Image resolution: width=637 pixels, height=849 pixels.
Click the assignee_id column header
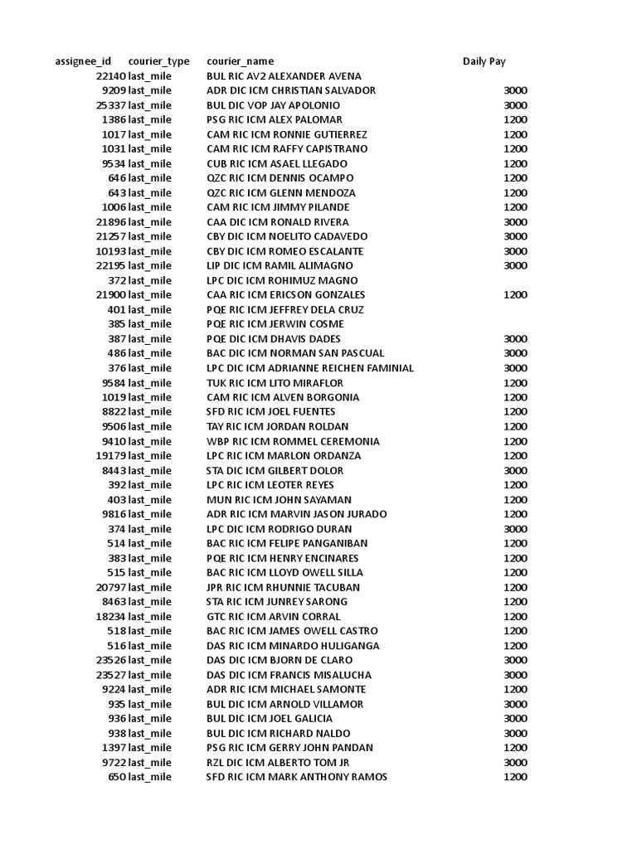(82, 61)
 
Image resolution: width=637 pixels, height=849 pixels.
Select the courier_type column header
(158, 61)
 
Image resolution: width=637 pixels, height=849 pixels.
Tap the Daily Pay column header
(484, 61)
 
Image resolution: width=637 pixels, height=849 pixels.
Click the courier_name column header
(240, 61)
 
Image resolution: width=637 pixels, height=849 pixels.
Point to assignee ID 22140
(110, 76)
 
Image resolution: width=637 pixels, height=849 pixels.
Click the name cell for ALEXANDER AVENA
(284, 76)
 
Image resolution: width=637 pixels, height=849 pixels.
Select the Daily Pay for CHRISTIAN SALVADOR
(514, 90)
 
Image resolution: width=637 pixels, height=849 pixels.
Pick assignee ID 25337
(110, 105)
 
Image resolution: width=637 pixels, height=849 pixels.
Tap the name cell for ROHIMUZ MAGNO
(282, 280)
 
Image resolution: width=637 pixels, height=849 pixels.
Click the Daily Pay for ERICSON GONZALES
(514, 295)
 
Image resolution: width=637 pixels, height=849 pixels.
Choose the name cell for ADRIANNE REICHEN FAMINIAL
(309, 368)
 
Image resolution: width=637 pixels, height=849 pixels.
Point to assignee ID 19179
(110, 455)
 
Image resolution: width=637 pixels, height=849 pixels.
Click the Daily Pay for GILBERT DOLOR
(514, 470)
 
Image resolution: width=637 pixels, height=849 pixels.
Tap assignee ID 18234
(110, 616)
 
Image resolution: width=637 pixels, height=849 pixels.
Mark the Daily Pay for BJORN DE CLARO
(514, 660)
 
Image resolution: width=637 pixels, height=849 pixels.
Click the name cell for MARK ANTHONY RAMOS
(296, 777)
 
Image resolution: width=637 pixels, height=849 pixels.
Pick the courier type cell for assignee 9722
(149, 762)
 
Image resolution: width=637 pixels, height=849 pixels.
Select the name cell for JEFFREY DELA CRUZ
(285, 309)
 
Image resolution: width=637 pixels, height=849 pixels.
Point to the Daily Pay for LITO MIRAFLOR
(514, 383)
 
